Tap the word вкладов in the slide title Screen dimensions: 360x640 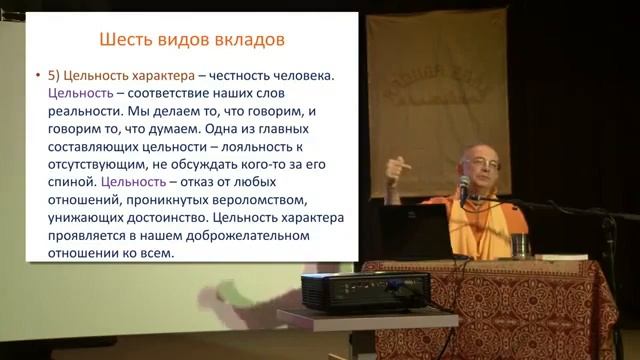tap(247, 40)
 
